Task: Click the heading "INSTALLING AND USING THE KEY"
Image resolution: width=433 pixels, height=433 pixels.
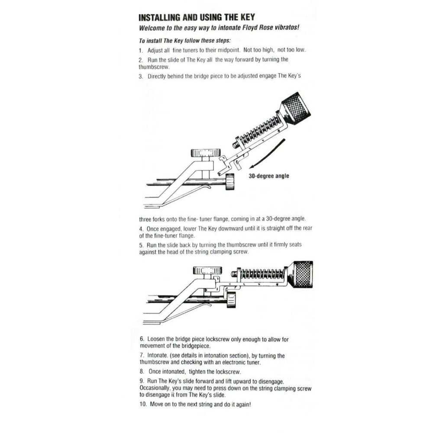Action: pos(196,18)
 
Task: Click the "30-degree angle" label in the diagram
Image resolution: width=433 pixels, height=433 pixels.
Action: pos(268,176)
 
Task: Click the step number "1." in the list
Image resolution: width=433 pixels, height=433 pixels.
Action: pos(141,50)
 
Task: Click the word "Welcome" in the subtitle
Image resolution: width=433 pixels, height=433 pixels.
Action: pos(154,28)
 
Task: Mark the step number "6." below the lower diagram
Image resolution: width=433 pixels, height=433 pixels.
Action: pos(142,339)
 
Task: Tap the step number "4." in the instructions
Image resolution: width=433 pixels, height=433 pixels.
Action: pos(141,228)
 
